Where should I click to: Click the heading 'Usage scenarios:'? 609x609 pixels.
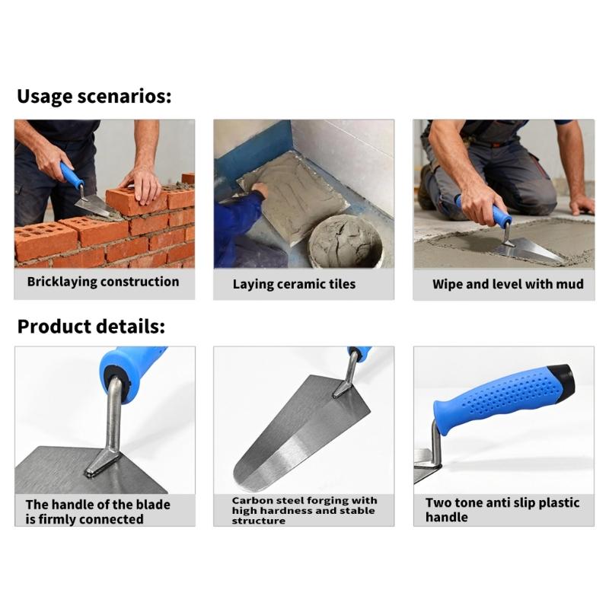click(94, 97)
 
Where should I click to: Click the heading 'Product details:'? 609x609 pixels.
click(91, 327)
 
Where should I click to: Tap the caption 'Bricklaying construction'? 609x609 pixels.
click(103, 282)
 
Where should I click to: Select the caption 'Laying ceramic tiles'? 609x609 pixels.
click(294, 284)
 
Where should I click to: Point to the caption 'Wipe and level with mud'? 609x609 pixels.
click(508, 284)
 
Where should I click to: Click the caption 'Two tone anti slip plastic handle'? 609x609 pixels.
click(502, 510)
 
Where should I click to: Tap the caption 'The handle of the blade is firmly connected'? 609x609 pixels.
click(97, 512)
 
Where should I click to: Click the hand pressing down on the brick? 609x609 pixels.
click(142, 183)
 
